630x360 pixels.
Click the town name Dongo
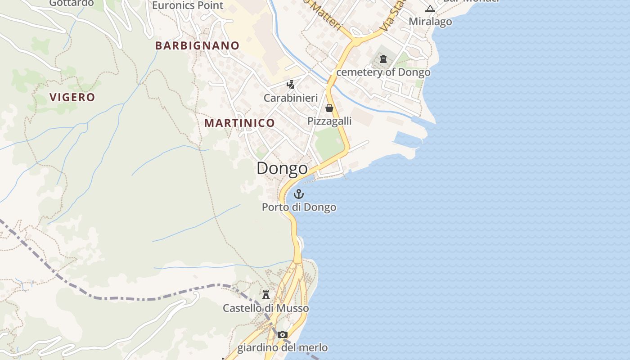pyautogui.click(x=282, y=169)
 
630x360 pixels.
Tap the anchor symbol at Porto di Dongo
pyautogui.click(x=299, y=194)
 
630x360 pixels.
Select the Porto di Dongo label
pyautogui.click(x=299, y=207)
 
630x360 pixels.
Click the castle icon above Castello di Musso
pyautogui.click(x=266, y=295)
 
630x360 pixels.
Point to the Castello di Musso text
pyautogui.click(x=266, y=308)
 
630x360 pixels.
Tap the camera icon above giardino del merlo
pyautogui.click(x=283, y=334)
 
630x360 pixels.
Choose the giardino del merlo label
pyautogui.click(x=283, y=348)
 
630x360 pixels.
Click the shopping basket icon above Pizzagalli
pyautogui.click(x=329, y=108)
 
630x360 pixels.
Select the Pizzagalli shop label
pyautogui.click(x=329, y=121)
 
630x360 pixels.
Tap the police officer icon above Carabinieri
pyautogui.click(x=291, y=84)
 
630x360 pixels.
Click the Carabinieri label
pyautogui.click(x=291, y=98)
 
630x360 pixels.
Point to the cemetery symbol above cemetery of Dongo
pyautogui.click(x=383, y=59)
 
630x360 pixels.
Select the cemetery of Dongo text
pyautogui.click(x=383, y=72)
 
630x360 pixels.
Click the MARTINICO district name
pyautogui.click(x=239, y=123)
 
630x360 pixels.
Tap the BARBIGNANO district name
pyautogui.click(x=197, y=45)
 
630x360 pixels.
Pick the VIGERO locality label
pyautogui.click(x=72, y=97)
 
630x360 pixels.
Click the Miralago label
pyautogui.click(x=430, y=22)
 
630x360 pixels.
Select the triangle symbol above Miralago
pyautogui.click(x=430, y=9)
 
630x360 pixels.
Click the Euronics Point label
pyautogui.click(x=188, y=5)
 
